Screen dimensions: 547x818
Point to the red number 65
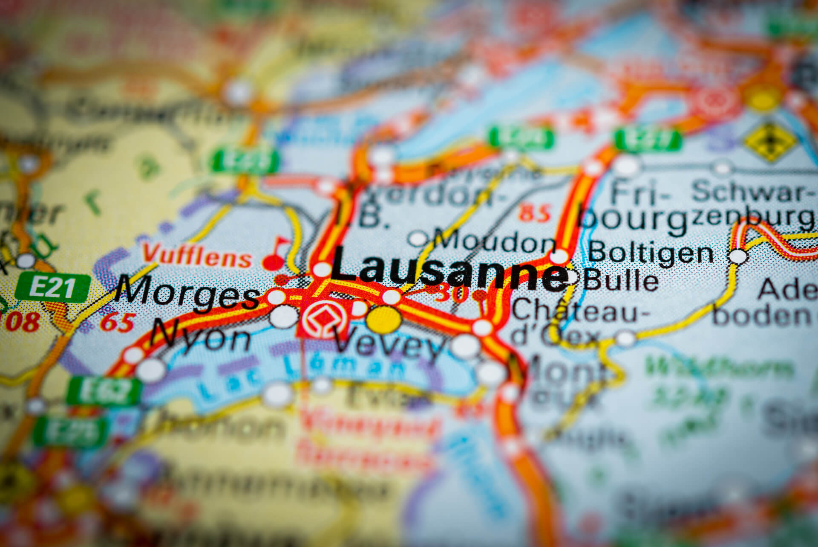click(x=117, y=322)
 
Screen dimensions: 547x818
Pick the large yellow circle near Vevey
click(x=384, y=319)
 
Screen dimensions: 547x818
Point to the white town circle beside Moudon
click(x=419, y=238)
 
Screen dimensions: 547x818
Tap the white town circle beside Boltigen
click(x=739, y=256)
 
